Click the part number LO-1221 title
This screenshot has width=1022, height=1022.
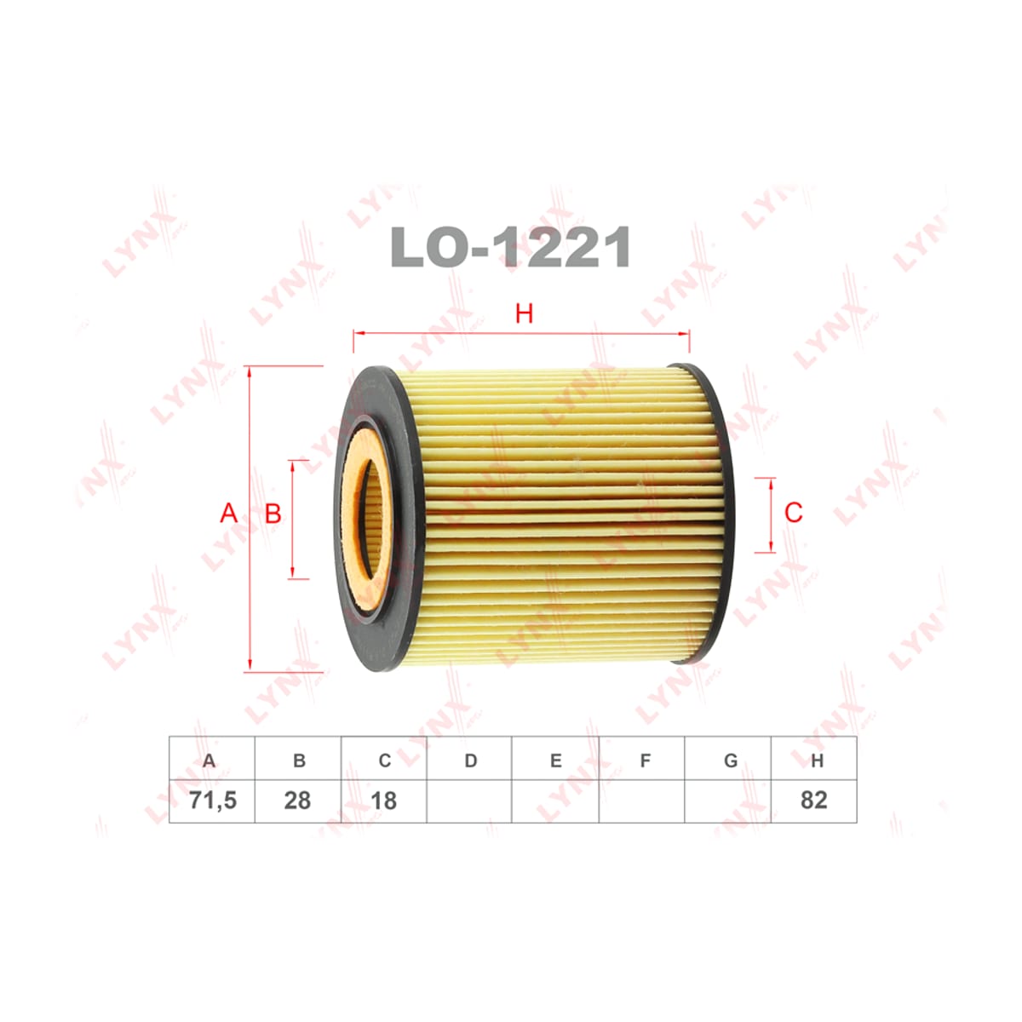(x=510, y=247)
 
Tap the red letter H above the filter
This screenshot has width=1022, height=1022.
(x=524, y=314)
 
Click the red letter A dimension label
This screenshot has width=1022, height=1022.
(x=228, y=513)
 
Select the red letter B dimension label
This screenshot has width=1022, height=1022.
(x=273, y=513)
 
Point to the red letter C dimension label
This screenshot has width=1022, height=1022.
(x=794, y=513)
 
